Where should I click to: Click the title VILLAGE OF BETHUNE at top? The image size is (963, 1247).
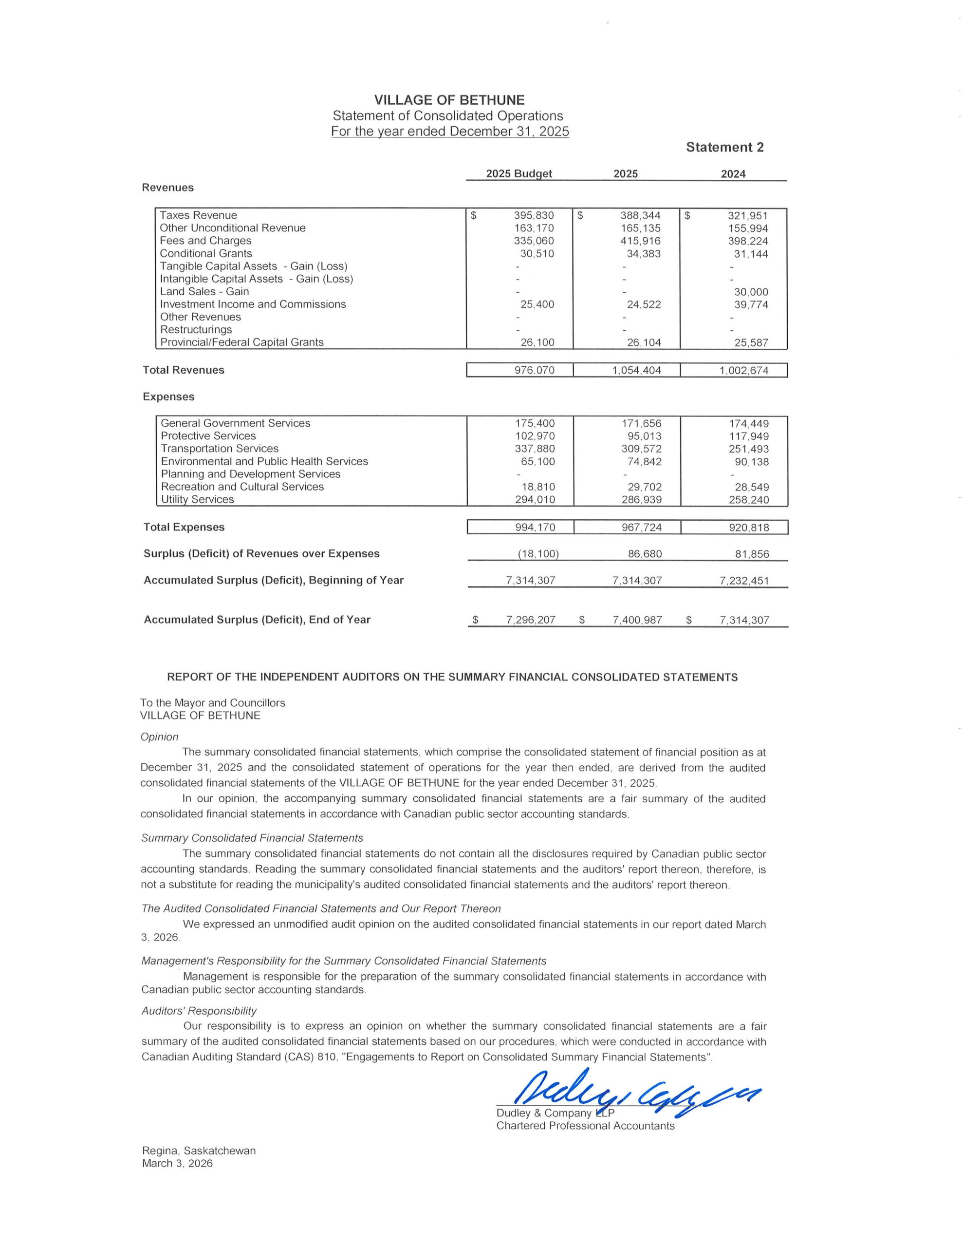click(x=449, y=100)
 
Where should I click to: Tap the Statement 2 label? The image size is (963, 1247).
click(x=724, y=147)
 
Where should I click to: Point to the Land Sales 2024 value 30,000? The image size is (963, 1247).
click(x=751, y=292)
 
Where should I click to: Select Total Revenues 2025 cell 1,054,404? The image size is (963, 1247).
click(x=636, y=370)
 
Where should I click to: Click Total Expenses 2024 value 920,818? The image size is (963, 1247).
click(x=748, y=527)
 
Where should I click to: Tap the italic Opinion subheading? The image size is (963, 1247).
click(x=159, y=737)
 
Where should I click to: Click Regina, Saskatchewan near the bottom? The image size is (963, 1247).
click(x=199, y=1151)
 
